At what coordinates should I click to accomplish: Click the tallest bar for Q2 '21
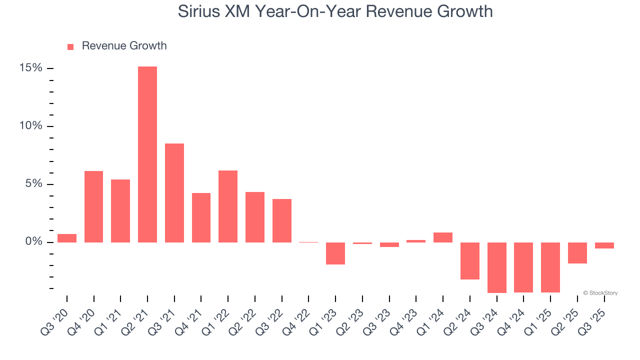[147, 154]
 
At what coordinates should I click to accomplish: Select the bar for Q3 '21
[174, 193]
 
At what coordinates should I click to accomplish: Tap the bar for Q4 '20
[93, 206]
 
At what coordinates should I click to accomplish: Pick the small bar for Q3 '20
[67, 238]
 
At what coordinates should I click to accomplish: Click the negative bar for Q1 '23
[335, 253]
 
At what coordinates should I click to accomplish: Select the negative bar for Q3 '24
[497, 267]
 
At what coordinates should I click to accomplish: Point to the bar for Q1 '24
[443, 237]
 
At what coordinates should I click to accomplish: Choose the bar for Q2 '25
[577, 253]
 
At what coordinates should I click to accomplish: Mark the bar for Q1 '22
[228, 206]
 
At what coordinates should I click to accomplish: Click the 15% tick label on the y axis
[31, 68]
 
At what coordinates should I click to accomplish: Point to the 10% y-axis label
[31, 126]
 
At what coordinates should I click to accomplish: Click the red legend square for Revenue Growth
[70, 46]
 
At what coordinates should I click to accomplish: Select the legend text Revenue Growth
[124, 46]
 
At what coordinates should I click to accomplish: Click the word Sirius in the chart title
[199, 11]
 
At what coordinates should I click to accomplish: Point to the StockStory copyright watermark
[600, 293]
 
